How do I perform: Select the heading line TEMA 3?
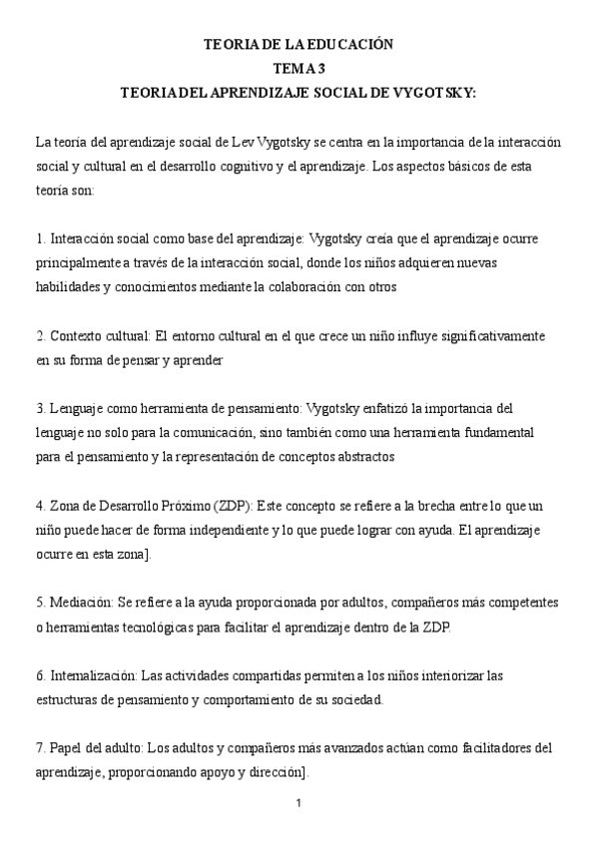point(299,68)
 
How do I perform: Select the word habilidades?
point(66,287)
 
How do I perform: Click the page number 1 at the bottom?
point(299,803)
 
